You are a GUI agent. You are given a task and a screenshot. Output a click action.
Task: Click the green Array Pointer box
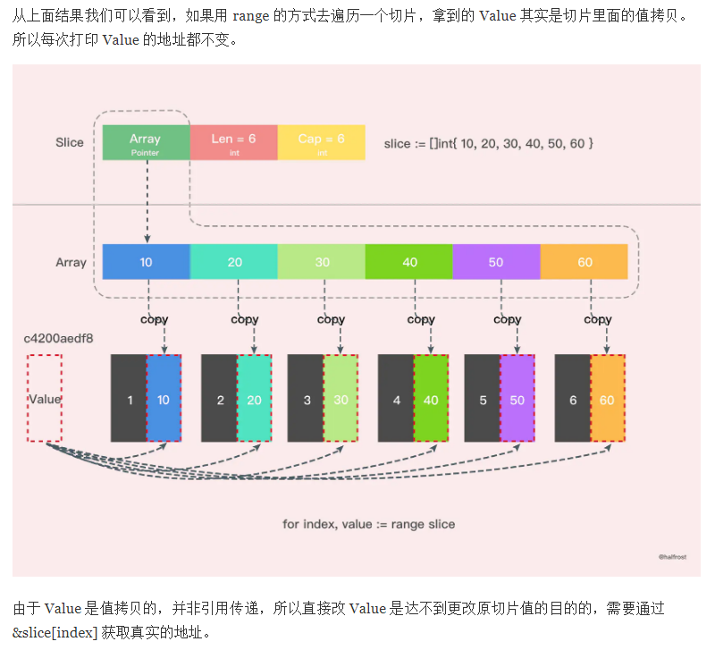click(145, 143)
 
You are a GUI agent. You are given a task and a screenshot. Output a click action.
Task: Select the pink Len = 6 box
click(233, 143)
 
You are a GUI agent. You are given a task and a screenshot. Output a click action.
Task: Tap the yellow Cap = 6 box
click(321, 143)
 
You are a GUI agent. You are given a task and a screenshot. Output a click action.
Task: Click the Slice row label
click(70, 142)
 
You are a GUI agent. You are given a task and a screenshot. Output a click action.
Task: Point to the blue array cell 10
click(147, 262)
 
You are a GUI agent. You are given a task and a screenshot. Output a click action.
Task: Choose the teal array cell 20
click(234, 262)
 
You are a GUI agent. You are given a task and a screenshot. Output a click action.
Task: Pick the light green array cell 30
click(321, 262)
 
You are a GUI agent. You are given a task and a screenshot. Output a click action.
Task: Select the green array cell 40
click(409, 262)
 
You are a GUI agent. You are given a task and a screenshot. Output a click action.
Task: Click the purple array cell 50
click(496, 262)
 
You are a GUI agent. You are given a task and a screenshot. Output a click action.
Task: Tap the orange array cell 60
click(585, 262)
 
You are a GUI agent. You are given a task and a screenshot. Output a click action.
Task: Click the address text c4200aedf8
click(58, 339)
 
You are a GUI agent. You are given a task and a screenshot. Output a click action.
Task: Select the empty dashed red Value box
click(45, 398)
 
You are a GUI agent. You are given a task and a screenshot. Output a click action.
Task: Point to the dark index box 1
click(129, 400)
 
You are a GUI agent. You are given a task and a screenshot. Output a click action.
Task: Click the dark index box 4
click(396, 400)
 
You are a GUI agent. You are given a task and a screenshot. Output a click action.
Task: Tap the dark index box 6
click(573, 400)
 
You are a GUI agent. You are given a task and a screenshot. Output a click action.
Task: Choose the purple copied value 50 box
click(517, 400)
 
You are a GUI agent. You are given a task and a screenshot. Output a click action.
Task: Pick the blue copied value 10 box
click(164, 400)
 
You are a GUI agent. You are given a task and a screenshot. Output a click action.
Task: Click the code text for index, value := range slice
click(368, 524)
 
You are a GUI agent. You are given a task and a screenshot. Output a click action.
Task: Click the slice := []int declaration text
click(489, 143)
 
